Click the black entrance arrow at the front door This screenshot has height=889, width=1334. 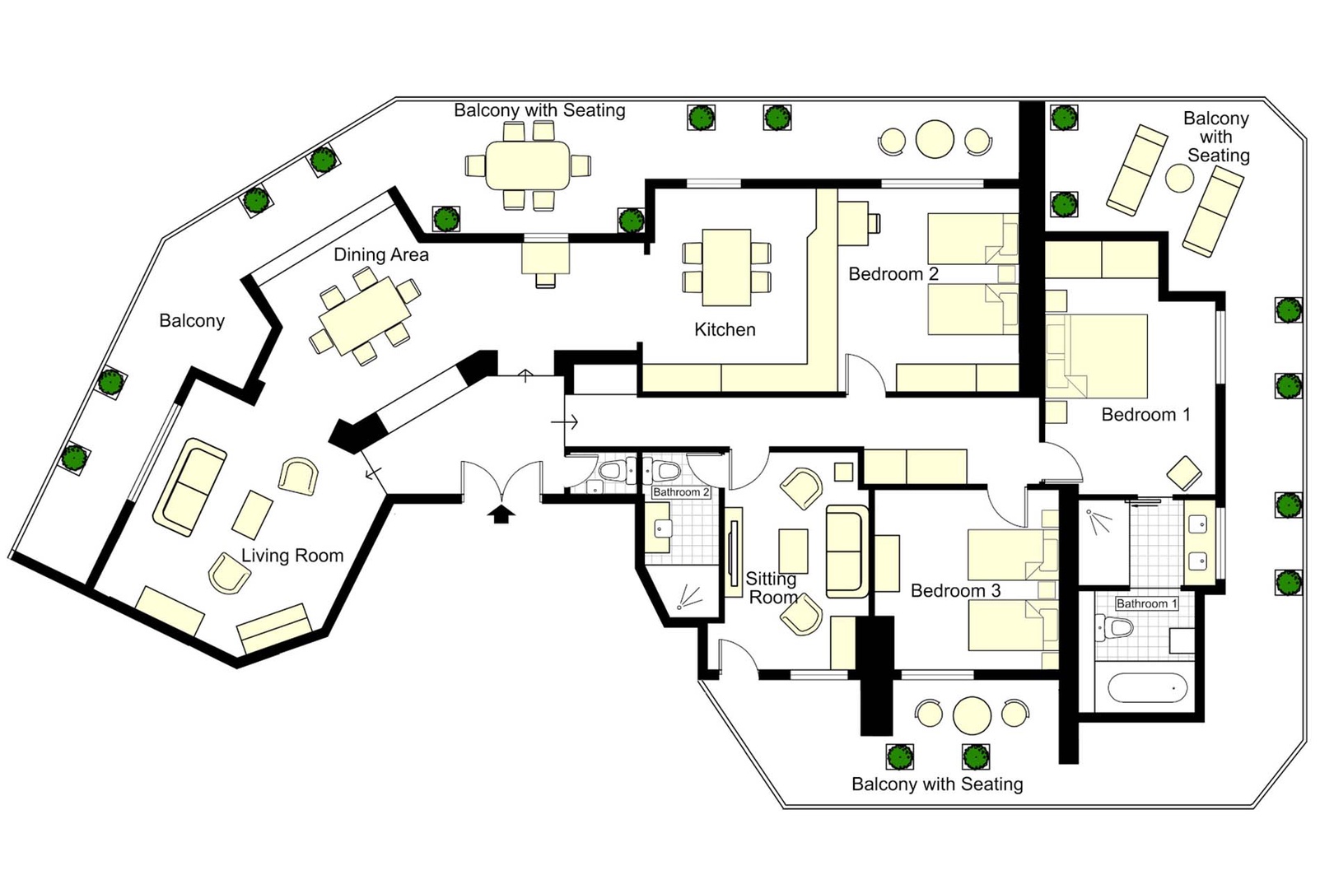coord(501,514)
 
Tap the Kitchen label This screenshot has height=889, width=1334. coord(725,330)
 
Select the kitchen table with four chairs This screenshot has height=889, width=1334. coord(726,268)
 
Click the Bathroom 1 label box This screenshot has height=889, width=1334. coord(1146,604)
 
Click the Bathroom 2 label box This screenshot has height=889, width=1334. coord(680,492)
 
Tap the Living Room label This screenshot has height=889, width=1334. coord(292,556)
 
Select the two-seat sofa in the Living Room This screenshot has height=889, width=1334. coord(189,486)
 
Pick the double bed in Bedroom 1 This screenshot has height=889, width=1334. coord(1098,356)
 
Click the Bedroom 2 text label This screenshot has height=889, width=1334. coord(893,274)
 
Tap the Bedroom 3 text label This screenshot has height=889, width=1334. coord(955,591)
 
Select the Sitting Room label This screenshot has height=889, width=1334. coord(772,588)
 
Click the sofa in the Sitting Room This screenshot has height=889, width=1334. coord(845,551)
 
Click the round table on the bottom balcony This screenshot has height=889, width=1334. coord(972,714)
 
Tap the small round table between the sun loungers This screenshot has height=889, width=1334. coord(1179,178)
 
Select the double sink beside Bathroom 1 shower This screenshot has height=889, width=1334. coord(1198,543)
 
